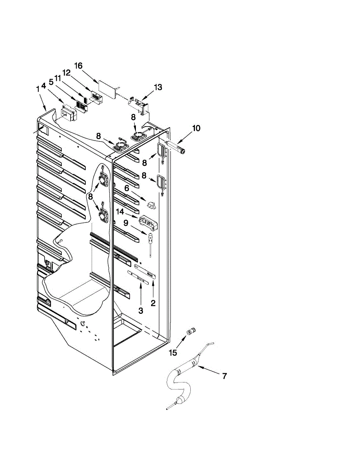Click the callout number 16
pyautogui.click(x=78, y=66)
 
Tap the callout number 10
pyautogui.click(x=196, y=129)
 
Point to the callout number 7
pyautogui.click(x=224, y=376)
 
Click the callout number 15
pyautogui.click(x=173, y=353)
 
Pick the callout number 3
pyautogui.click(x=141, y=311)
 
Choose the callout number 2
pyautogui.click(x=153, y=303)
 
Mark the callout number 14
pyautogui.click(x=120, y=212)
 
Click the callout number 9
pyautogui.click(x=125, y=223)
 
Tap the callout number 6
pyautogui.click(x=126, y=188)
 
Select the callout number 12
pyautogui.click(x=66, y=73)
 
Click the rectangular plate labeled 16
pyautogui.click(x=108, y=88)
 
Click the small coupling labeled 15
pyautogui.click(x=191, y=331)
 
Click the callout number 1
pyautogui.click(x=38, y=89)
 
